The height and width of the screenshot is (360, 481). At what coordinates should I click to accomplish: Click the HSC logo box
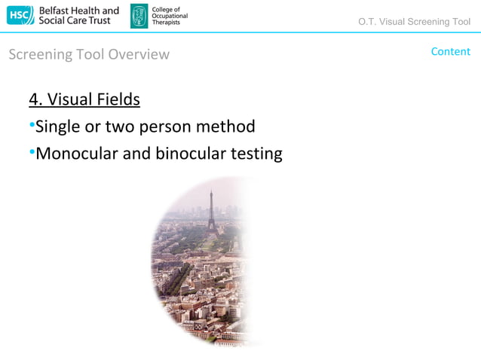[x=19, y=15]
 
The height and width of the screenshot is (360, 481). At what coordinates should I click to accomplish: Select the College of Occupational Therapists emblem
[x=139, y=16]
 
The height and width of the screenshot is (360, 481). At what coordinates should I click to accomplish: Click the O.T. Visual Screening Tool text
[x=415, y=21]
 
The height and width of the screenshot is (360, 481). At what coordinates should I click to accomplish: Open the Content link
[x=450, y=51]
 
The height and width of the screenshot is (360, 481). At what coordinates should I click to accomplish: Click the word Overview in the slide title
[x=139, y=54]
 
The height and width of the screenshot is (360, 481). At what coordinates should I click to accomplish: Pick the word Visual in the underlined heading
[x=71, y=99]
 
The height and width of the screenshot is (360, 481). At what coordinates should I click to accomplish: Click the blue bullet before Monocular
[x=32, y=154]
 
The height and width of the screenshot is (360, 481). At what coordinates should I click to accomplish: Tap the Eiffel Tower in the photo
[x=211, y=211]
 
